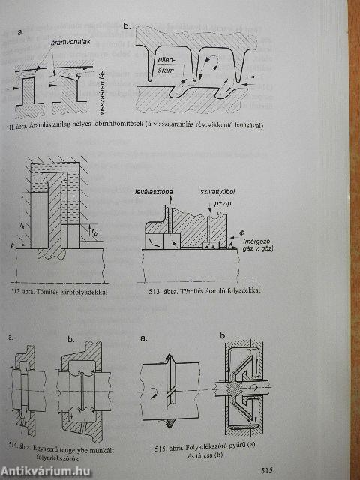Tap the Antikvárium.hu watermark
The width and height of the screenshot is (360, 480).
tap(49, 469)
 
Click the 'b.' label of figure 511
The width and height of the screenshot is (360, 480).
tap(127, 27)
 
